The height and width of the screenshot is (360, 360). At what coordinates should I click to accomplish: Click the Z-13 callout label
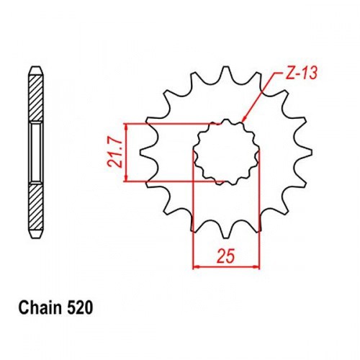pyautogui.click(x=302, y=73)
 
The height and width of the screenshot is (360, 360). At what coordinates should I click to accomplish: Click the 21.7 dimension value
pyautogui.click(x=114, y=153)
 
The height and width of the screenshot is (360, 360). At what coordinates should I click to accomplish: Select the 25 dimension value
pyautogui.click(x=225, y=256)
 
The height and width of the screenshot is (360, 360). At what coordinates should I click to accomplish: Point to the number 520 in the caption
pyautogui.click(x=80, y=308)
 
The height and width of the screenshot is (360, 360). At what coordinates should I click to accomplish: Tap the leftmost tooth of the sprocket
pyautogui.click(x=147, y=153)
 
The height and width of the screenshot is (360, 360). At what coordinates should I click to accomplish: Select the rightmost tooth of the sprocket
pyautogui.click(x=305, y=151)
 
